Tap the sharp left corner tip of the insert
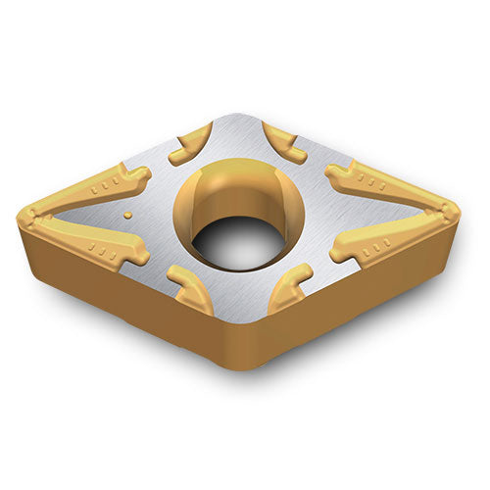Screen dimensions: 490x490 point(22,213)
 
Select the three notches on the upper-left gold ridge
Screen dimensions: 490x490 point(105,184)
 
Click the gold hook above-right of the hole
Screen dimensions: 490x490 point(286,142)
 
